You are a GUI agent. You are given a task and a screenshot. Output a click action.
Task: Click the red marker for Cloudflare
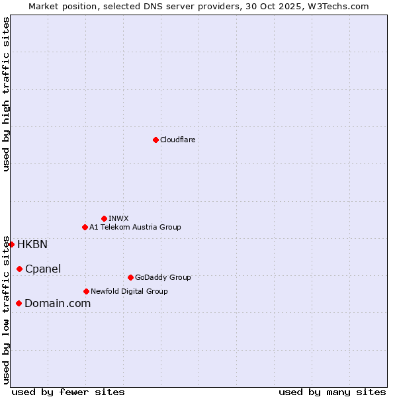[155, 140]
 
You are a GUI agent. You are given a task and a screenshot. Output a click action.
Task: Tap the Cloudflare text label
[177, 140]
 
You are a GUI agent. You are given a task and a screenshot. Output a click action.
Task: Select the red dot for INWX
[104, 218]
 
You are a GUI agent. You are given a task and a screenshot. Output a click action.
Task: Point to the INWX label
[118, 218]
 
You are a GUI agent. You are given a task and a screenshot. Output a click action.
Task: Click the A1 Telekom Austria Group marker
[85, 227]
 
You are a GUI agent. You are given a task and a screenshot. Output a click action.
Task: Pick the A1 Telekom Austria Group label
[135, 227]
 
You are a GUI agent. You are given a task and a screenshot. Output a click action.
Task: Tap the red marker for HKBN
[11, 244]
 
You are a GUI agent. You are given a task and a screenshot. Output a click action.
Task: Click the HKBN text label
[32, 244]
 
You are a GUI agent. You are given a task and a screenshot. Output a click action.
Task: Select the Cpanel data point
[19, 269]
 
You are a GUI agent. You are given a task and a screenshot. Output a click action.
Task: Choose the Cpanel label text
[43, 269]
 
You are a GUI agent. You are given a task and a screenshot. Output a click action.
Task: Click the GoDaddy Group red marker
[130, 277]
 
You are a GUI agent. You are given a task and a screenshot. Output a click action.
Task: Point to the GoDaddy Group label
[163, 277]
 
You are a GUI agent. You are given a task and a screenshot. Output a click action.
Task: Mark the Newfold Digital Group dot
[86, 291]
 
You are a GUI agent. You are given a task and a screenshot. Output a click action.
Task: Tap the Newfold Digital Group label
[129, 291]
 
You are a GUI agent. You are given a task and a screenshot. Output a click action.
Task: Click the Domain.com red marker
[19, 303]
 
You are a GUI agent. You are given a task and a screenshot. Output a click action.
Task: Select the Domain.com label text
[58, 303]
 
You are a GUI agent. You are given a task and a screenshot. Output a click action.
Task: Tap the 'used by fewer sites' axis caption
[68, 392]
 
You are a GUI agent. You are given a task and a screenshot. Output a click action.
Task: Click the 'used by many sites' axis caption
[332, 392]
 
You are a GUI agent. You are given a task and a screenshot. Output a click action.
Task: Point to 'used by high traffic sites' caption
[6, 94]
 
